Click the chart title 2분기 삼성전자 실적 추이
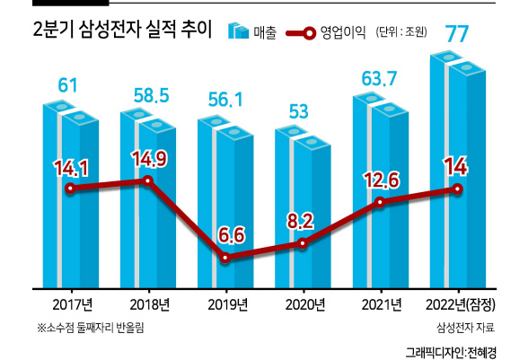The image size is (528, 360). (x=122, y=30)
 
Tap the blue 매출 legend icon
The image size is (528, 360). (x=238, y=31)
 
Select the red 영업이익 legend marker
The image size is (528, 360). (x=301, y=33)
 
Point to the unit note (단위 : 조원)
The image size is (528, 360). (x=401, y=32)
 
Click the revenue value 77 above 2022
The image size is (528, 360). (x=457, y=33)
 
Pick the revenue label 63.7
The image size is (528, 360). (x=380, y=79)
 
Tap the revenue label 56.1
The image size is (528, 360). (x=225, y=100)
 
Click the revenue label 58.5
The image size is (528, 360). (x=151, y=95)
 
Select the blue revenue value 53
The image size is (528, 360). (x=299, y=112)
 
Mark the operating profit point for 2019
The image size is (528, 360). (x=225, y=259)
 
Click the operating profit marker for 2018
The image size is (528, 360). (x=148, y=180)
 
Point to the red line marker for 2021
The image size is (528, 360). (x=380, y=202)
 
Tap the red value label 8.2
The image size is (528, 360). (x=300, y=222)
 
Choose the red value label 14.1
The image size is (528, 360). (x=71, y=168)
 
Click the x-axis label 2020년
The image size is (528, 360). (x=305, y=304)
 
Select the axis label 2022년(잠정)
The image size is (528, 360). (x=461, y=304)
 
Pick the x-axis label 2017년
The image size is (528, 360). (x=73, y=304)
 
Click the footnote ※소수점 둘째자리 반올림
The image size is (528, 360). (x=91, y=328)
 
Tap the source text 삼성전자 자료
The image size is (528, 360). (x=466, y=328)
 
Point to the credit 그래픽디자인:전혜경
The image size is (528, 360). (x=451, y=352)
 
